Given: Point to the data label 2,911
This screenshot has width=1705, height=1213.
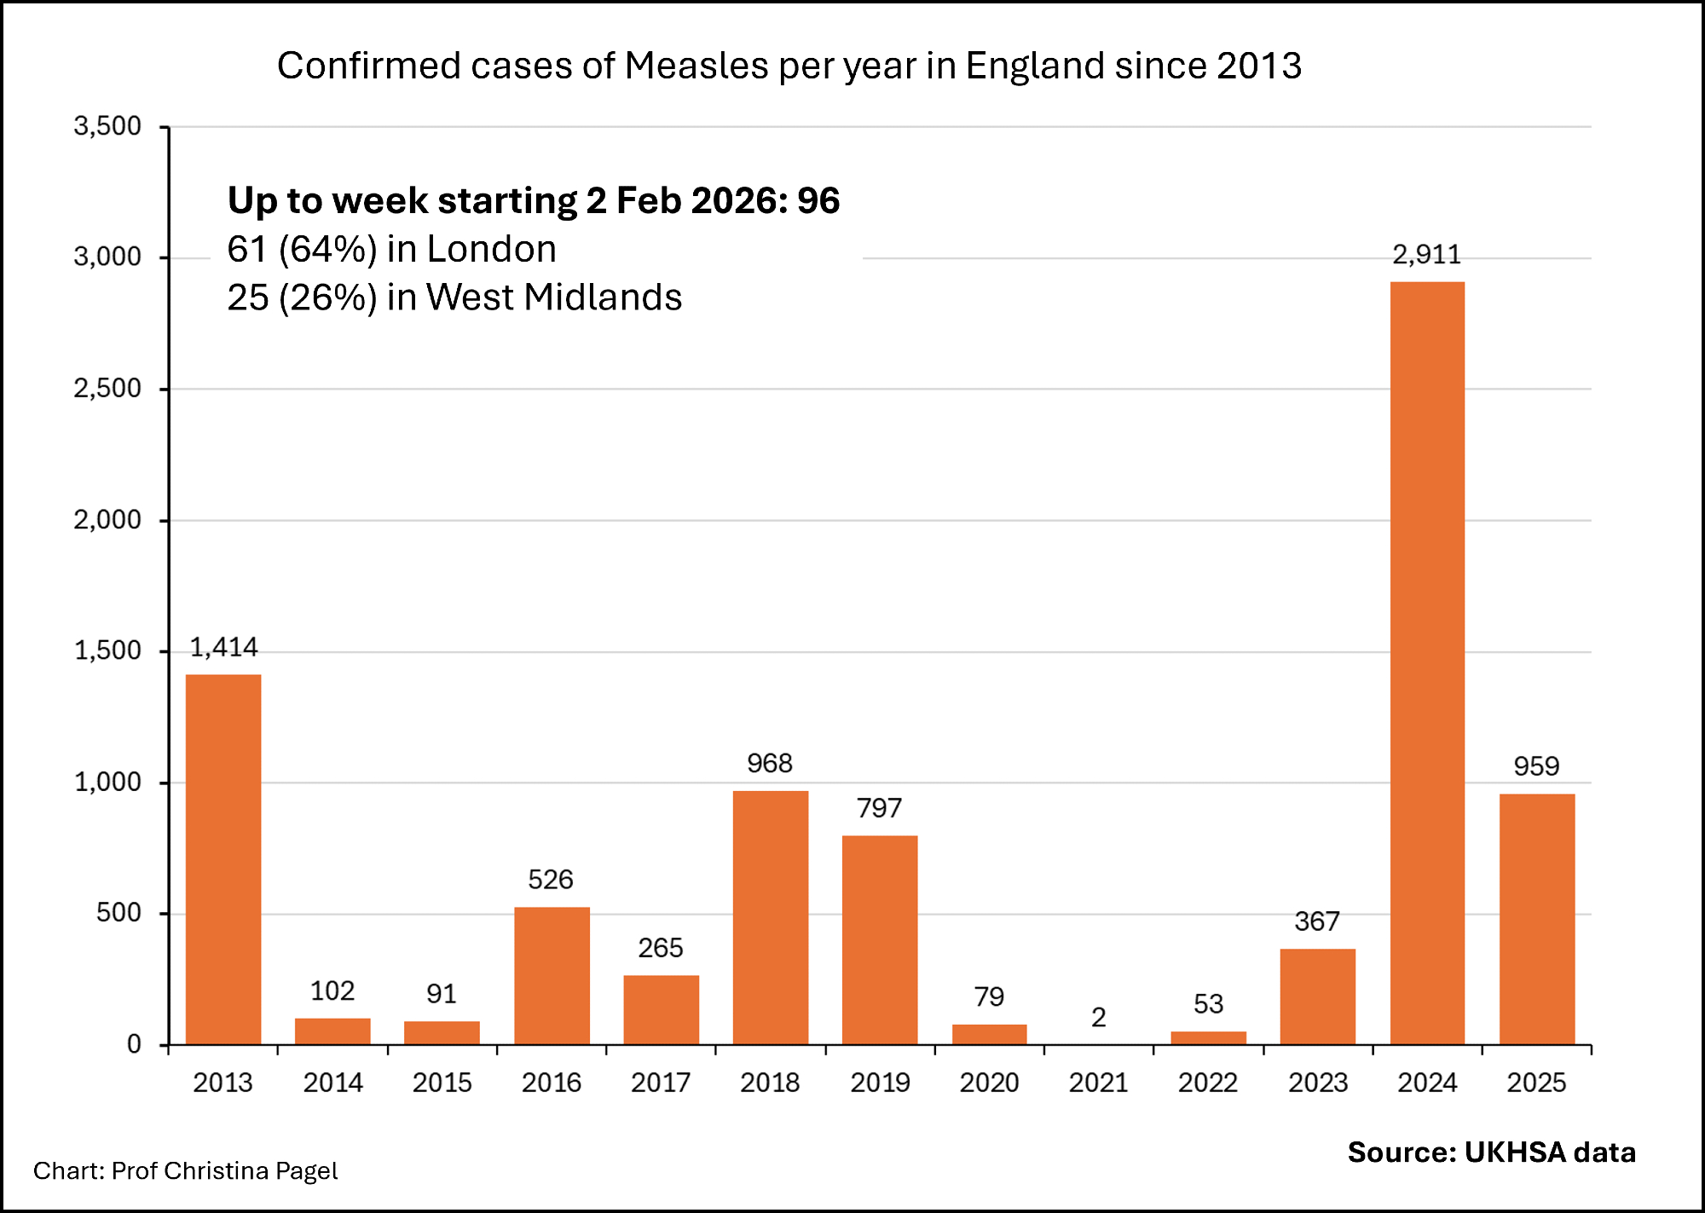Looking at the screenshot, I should point(1426,255).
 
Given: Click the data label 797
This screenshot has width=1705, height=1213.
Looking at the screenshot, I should point(879,808).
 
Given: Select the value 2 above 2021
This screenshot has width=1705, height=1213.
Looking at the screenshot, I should point(1098,1017).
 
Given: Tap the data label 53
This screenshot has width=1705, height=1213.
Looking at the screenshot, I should point(1208,1004).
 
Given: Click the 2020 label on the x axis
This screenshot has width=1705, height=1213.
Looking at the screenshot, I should point(989,1083).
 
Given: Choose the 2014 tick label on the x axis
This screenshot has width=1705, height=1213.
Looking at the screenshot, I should point(332,1083).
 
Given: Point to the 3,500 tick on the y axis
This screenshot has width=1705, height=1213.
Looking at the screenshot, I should point(107,126).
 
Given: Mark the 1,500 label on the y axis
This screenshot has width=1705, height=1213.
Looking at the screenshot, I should point(107,651).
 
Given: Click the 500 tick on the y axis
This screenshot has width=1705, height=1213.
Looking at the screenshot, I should point(118,913).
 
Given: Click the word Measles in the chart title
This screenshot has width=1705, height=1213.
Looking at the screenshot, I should point(696,66).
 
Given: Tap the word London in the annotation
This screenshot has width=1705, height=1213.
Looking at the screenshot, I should point(491,249).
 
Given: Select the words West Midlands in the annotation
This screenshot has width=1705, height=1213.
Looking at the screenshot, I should point(554,297).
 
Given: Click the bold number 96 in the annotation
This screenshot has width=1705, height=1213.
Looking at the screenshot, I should point(818,200).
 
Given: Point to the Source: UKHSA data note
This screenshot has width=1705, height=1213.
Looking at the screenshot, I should point(1491,1152).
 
